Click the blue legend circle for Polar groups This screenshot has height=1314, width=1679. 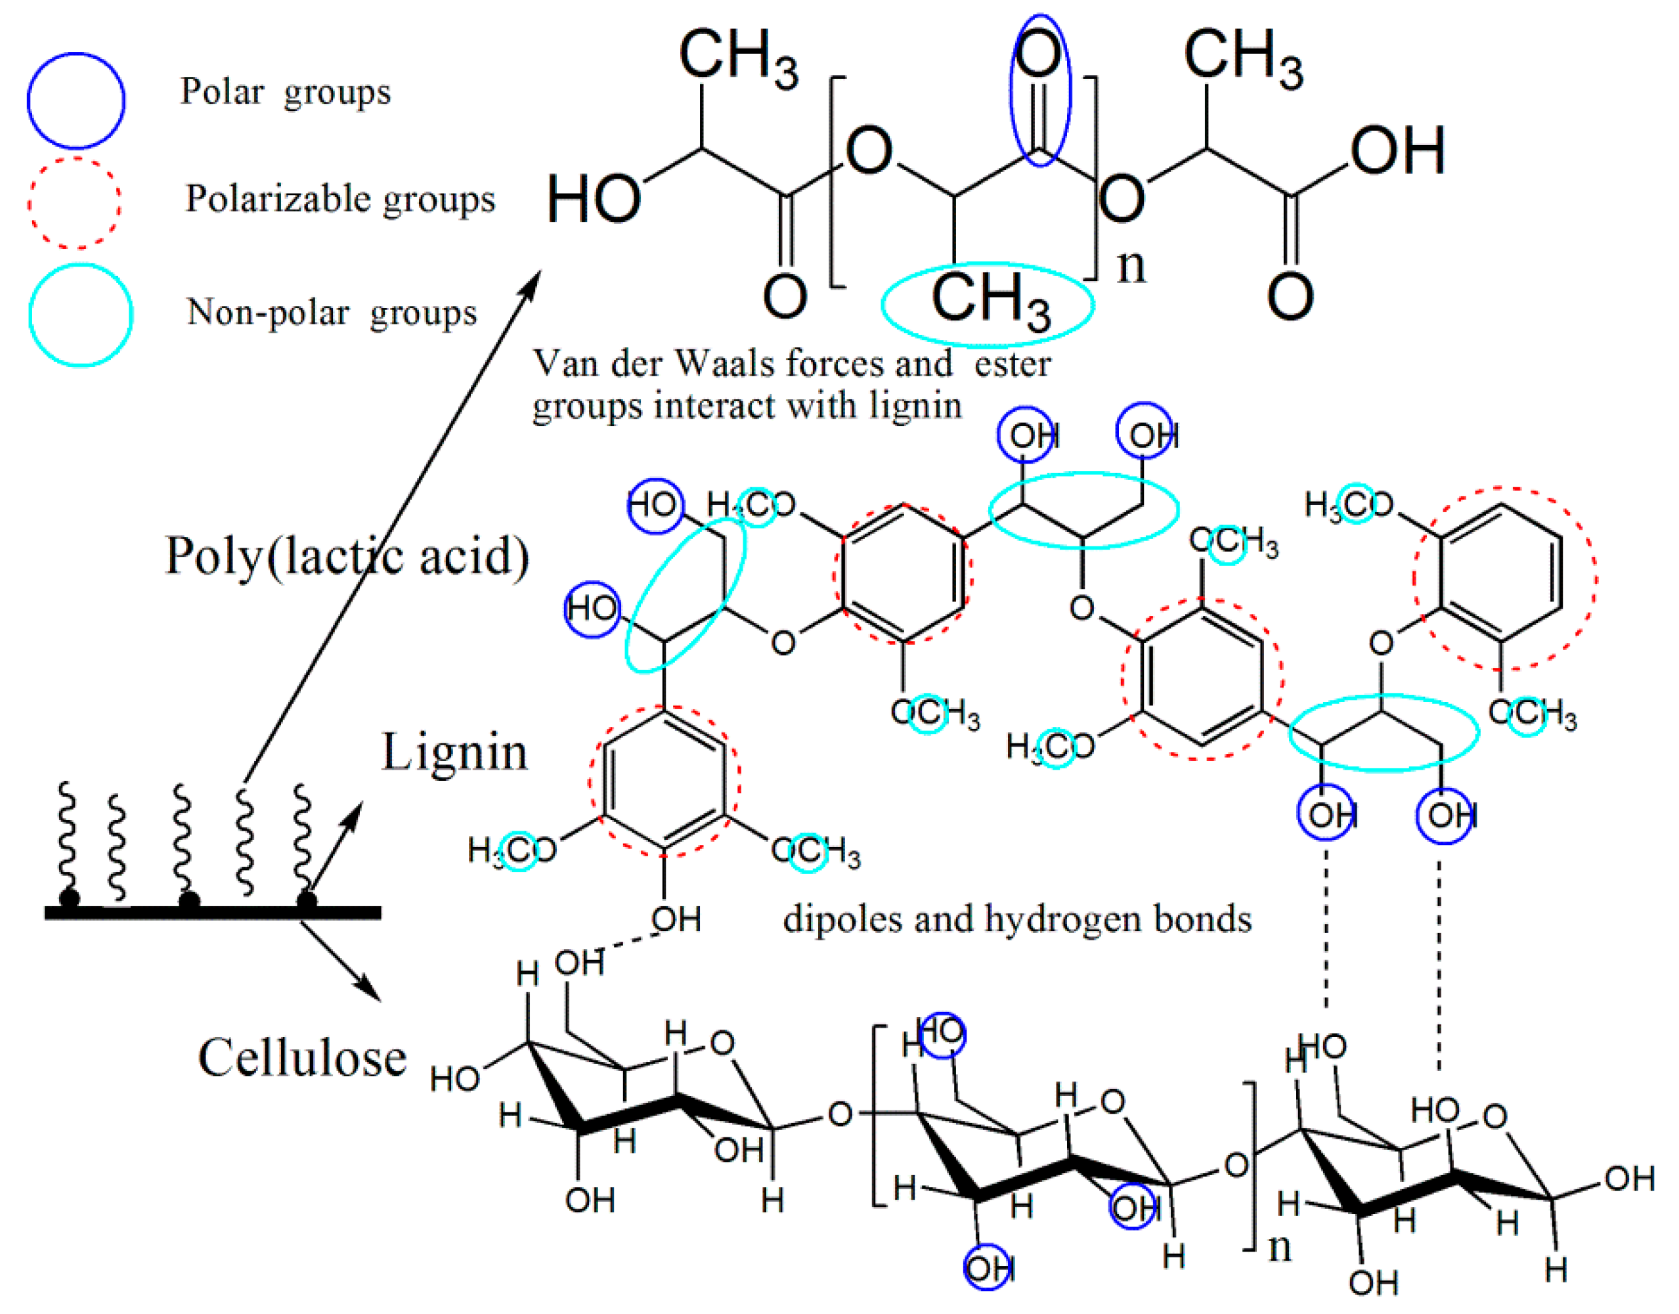point(76,100)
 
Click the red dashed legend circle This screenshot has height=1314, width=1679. point(75,203)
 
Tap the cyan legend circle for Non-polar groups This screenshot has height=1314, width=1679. point(80,315)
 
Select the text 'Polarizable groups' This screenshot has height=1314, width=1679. point(340,199)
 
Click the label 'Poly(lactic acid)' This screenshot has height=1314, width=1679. point(347,556)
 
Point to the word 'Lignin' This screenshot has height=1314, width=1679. point(454,752)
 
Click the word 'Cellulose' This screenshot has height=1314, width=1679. point(302,1057)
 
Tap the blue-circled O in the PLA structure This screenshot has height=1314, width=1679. point(1039,58)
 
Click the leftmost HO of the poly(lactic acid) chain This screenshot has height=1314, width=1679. point(593,199)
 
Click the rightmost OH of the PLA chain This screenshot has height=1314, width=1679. point(1397,151)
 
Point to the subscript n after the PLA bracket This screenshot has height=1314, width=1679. point(1131,265)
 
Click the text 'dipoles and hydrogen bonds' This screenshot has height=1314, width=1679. point(1016,919)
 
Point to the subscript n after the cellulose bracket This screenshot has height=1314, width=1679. point(1279,1246)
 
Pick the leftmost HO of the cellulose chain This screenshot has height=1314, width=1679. point(455,1080)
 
